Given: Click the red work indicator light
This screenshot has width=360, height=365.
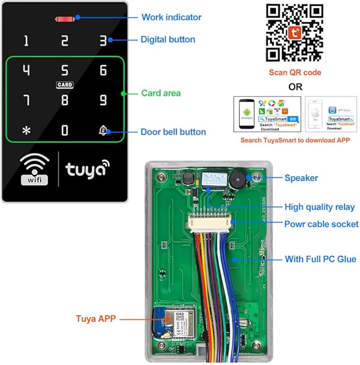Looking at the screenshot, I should (64, 19).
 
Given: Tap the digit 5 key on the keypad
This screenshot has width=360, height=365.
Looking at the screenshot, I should (65, 70).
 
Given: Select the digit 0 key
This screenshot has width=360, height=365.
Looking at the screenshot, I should (65, 130).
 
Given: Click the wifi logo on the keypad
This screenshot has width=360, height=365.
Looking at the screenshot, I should (34, 169).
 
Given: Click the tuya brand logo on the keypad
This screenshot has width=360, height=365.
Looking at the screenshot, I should (87, 169).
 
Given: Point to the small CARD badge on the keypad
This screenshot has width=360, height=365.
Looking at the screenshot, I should (65, 85).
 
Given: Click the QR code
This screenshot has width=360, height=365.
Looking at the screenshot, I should (294, 32).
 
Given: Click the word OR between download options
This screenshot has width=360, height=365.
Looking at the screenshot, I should (295, 86).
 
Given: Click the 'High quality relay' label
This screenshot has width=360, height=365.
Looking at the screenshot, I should (320, 207).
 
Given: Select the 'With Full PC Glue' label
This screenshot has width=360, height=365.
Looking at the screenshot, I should (320, 259).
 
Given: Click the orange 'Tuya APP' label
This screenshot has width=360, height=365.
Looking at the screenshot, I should (96, 318).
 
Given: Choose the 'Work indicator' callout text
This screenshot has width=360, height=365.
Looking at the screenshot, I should (171, 17).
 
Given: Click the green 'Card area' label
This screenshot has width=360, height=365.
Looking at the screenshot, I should (159, 93).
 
